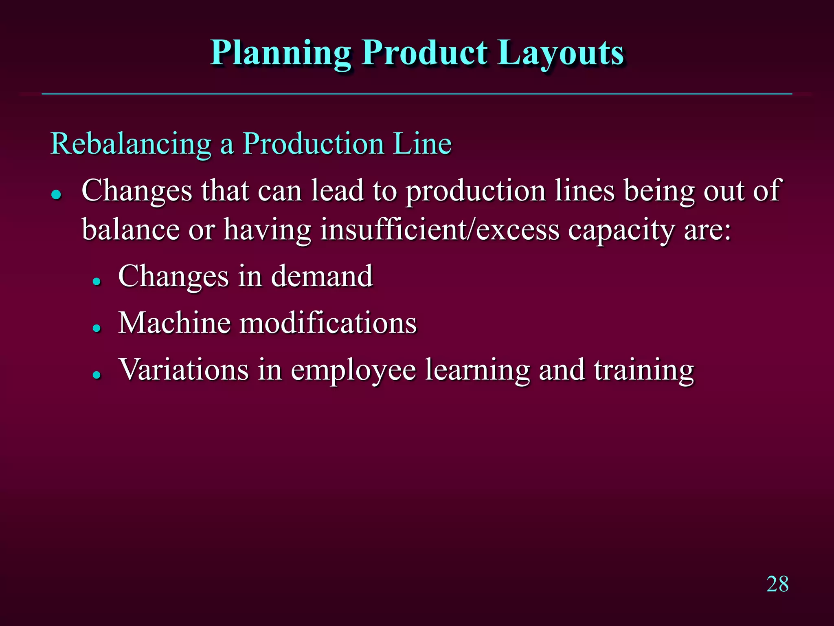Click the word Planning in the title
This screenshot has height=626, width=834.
(x=280, y=54)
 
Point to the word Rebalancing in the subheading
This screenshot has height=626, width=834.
(x=130, y=144)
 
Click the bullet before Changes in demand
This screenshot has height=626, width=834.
(x=97, y=281)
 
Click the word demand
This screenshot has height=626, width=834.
(x=322, y=276)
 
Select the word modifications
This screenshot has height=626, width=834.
(x=328, y=323)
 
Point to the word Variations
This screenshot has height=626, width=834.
(x=183, y=370)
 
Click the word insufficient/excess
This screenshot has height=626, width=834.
(x=440, y=229)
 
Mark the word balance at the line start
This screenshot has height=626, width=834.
(x=130, y=229)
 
